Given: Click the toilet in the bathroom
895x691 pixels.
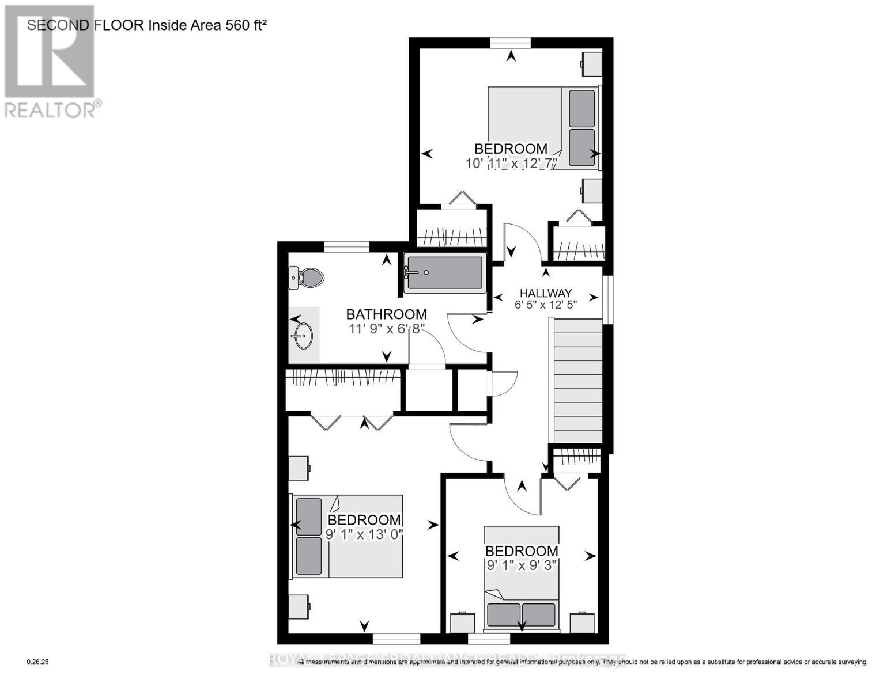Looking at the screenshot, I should tap(306, 278).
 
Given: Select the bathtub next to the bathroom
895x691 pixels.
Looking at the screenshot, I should tap(444, 273).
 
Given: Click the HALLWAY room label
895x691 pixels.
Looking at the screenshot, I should tap(545, 293).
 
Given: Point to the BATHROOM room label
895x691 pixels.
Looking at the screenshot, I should tap(386, 314).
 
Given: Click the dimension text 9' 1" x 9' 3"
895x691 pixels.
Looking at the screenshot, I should tap(522, 565).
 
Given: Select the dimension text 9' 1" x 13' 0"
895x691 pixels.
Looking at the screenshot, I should tap(364, 534).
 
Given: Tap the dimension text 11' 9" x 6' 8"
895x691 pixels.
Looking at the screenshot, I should tap(386, 329).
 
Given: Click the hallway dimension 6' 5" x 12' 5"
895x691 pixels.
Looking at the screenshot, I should tap(545, 305).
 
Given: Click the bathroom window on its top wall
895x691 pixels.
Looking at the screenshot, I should tap(346, 246).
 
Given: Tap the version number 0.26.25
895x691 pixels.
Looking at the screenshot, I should tap(38, 662).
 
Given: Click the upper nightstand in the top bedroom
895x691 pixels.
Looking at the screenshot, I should tap(591, 63).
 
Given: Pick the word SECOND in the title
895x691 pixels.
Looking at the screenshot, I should tap(58, 25).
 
